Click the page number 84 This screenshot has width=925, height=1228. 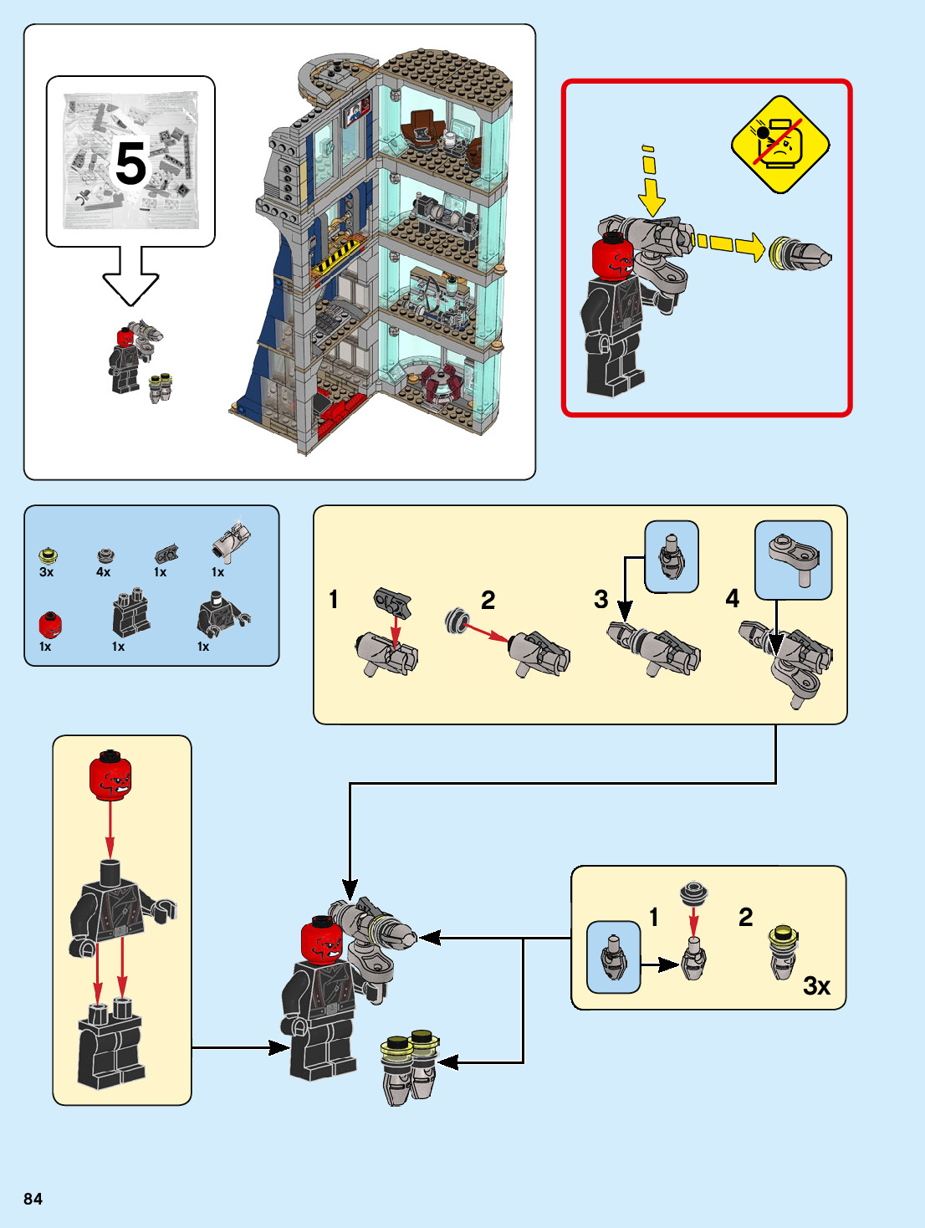[33, 1199]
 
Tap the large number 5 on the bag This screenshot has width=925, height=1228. [130, 163]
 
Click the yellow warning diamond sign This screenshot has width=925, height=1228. [780, 145]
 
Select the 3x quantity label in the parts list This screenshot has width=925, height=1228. [47, 572]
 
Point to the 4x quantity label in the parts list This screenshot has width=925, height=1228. [104, 572]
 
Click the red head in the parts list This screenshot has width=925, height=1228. [50, 624]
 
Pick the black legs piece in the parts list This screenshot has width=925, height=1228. [130, 612]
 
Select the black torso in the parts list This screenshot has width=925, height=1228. [222, 614]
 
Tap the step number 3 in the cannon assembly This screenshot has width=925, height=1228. [601, 599]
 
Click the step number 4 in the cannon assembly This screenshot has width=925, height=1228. [733, 598]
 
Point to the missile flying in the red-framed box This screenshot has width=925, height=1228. [800, 253]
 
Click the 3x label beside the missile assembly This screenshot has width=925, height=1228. [816, 985]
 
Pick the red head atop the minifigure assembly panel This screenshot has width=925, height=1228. [110, 775]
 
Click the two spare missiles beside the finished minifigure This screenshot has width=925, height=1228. [409, 1067]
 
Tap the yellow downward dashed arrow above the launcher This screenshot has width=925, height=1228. [651, 182]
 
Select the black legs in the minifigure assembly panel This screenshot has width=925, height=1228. [110, 1042]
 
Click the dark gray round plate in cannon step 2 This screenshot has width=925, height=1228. [457, 620]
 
